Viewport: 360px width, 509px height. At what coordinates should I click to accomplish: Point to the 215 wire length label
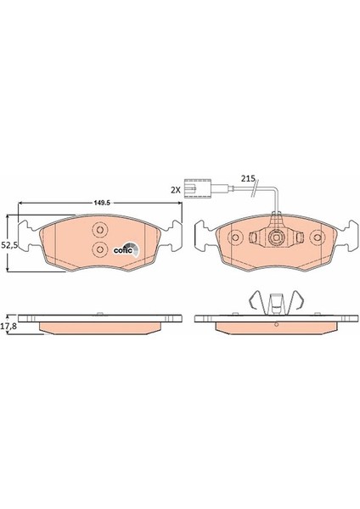pyautogui.click(x=247, y=178)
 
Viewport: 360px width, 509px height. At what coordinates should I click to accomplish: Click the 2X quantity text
pyautogui.click(x=176, y=191)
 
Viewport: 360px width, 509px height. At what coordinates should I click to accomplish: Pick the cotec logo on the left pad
pyautogui.click(x=123, y=248)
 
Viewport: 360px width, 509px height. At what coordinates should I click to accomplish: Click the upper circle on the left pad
pyautogui.click(x=98, y=230)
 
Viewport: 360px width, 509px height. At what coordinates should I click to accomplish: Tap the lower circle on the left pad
pyautogui.click(x=99, y=249)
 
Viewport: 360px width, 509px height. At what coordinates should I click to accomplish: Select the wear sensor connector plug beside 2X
pyautogui.click(x=200, y=191)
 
